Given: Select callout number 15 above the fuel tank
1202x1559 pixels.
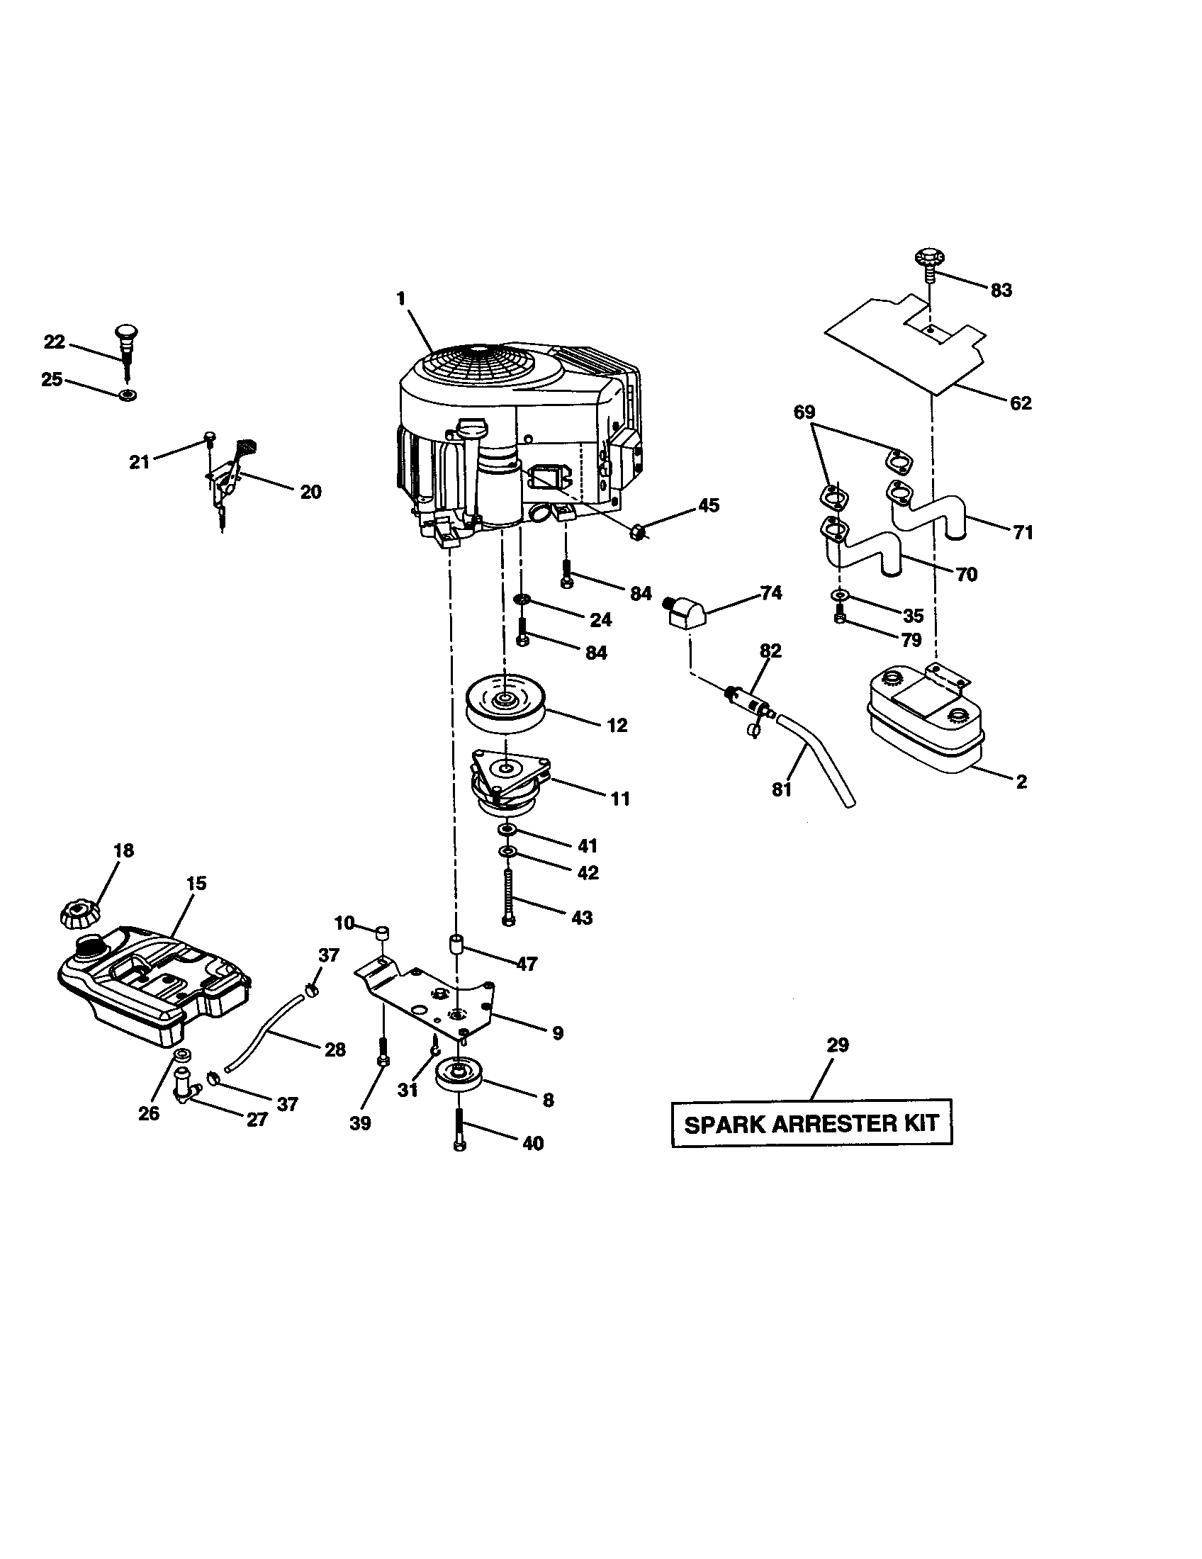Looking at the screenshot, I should coord(196,883).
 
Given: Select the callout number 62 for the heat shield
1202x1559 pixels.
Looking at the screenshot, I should coord(1021,403).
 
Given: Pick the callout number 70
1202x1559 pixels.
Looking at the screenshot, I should coord(967,574).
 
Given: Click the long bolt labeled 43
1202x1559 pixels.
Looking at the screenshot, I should coord(508,896).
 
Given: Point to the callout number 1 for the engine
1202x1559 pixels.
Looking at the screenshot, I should coord(401,298).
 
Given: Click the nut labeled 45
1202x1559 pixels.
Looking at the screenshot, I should coord(638,531).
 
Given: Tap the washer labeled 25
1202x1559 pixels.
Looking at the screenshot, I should coord(128,395).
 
